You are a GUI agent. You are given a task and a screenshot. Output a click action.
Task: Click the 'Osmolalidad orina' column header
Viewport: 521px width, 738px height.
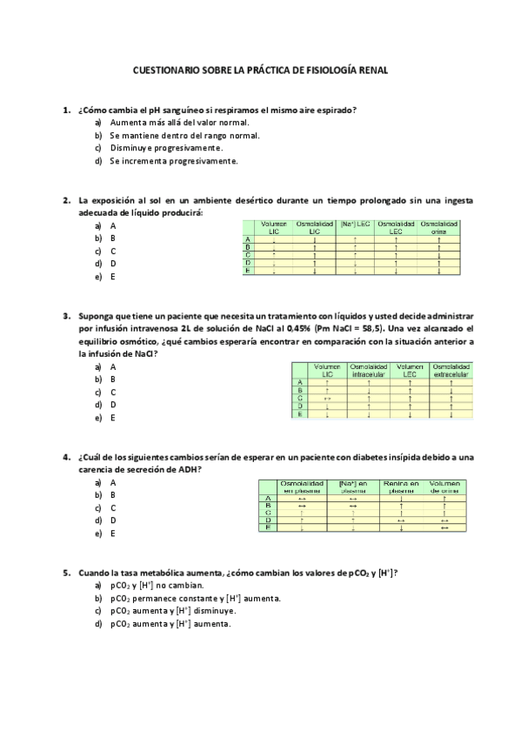[439, 228]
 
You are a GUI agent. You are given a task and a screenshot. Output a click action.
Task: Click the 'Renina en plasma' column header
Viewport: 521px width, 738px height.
[401, 486]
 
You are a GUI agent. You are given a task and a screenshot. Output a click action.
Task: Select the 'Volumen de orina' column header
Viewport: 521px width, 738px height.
[450, 486]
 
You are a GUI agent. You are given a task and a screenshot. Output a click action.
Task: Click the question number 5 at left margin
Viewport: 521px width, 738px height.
[66, 573]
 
